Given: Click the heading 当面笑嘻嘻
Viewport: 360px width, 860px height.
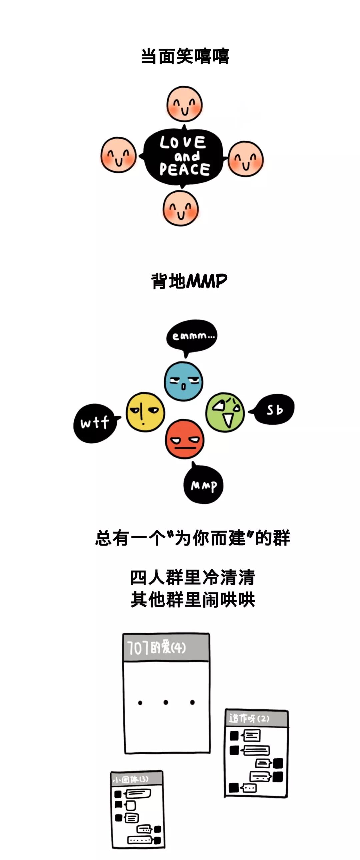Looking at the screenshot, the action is (185, 56).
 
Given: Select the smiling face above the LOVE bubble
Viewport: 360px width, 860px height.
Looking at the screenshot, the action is (184, 104).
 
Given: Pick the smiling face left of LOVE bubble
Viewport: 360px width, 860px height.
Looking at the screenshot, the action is (119, 155).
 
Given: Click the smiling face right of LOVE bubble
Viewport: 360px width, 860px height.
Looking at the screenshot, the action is (246, 159).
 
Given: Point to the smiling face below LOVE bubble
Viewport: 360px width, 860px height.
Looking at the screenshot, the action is (181, 208).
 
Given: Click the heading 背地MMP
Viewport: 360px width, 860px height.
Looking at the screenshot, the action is (189, 281).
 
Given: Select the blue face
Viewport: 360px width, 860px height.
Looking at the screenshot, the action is (183, 381).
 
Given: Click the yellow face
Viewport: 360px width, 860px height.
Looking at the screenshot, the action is (145, 412).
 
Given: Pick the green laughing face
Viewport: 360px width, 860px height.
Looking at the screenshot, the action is (225, 412).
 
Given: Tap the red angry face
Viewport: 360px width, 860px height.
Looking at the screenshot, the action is (184, 439).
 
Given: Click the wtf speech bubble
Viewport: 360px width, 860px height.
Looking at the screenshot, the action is (95, 423).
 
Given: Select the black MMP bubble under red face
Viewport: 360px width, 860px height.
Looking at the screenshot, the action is (203, 485).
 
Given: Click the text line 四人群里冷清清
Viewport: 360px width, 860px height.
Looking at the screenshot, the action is (192, 577).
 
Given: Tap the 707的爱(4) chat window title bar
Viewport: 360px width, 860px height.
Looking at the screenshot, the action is (166, 647).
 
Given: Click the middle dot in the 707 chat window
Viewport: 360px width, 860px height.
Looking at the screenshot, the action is (166, 702).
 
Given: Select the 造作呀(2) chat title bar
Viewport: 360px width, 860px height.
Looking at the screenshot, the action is (256, 718).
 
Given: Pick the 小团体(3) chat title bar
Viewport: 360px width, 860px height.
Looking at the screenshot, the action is (137, 779).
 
